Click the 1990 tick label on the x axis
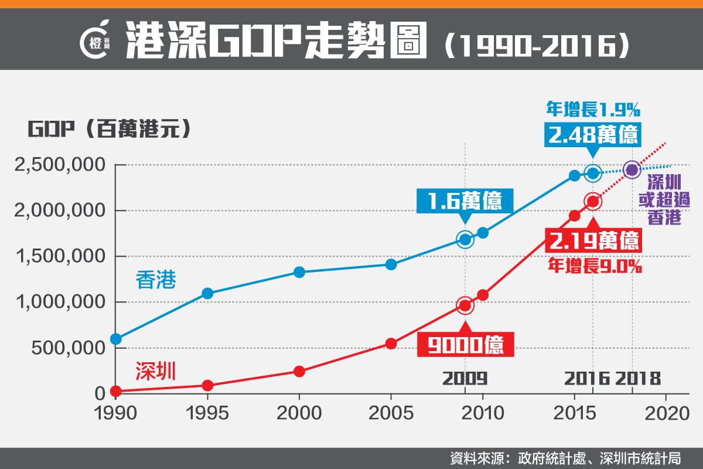click(x=115, y=413)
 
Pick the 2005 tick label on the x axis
click(x=391, y=413)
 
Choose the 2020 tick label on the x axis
click(x=666, y=413)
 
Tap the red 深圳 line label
click(x=156, y=371)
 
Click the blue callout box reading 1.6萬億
click(x=465, y=200)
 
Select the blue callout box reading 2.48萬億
click(x=593, y=135)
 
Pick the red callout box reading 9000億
click(x=466, y=345)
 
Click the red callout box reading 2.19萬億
click(x=592, y=240)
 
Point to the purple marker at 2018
click(x=632, y=170)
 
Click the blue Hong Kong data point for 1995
click(x=207, y=293)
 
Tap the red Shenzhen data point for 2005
click(x=391, y=344)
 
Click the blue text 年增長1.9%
click(x=592, y=109)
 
